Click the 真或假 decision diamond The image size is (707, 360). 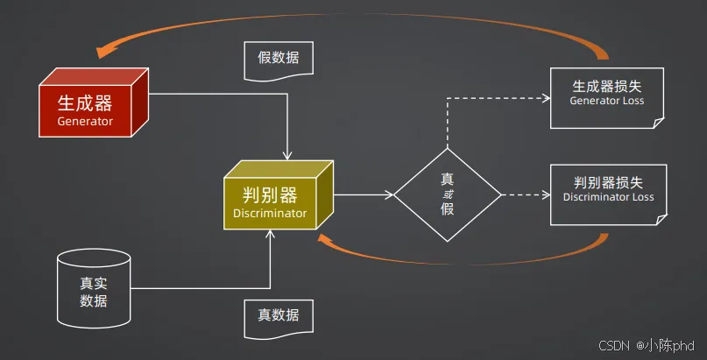tap(447, 194)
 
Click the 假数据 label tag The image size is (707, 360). tap(278, 59)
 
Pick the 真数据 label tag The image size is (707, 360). tap(278, 315)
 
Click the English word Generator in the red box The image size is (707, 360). tap(85, 121)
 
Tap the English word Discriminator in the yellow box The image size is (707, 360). tap(270, 213)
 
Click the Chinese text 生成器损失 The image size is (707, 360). tap(607, 87)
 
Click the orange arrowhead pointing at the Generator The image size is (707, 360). tap(107, 51)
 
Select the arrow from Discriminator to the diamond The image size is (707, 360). tap(363, 194)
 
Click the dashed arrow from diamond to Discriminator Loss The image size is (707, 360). tap(526, 194)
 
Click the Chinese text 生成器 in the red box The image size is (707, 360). tap(85, 102)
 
